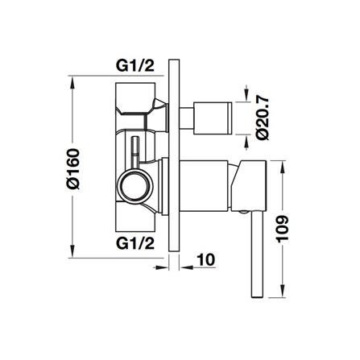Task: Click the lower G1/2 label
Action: [135, 243]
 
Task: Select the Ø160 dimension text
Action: [73, 169]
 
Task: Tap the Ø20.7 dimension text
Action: [262, 118]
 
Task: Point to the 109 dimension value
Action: [282, 229]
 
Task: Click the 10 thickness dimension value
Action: [206, 259]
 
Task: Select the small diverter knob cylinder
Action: [213, 118]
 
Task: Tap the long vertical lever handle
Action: [257, 254]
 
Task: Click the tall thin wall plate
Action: [173, 155]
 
